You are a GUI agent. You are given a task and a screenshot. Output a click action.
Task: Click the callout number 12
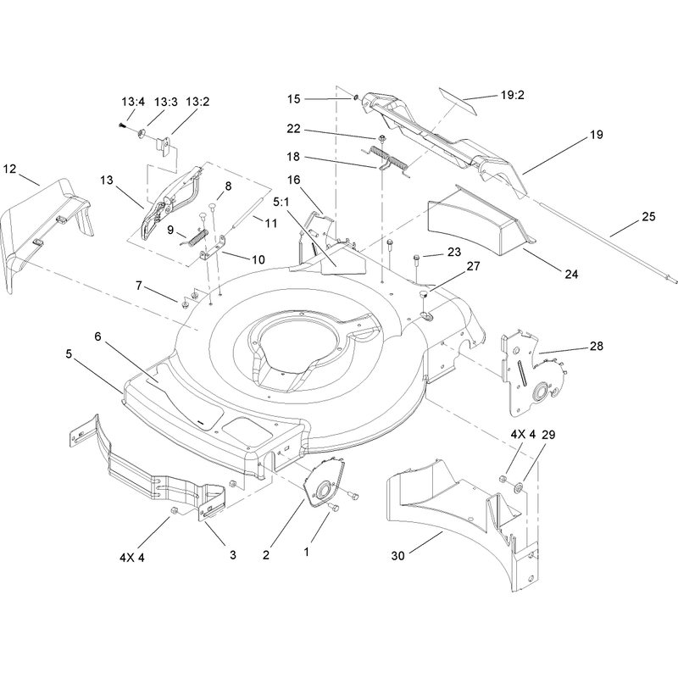[9, 169]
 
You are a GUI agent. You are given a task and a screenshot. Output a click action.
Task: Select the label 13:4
[133, 102]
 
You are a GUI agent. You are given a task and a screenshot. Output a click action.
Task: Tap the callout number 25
[648, 216]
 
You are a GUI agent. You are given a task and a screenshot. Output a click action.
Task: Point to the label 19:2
[513, 95]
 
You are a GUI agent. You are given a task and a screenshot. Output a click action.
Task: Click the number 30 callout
[397, 556]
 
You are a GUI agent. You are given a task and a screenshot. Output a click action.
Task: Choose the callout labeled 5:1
[281, 202]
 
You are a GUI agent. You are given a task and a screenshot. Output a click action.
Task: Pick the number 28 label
[597, 346]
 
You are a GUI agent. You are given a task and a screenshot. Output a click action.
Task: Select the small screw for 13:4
[122, 125]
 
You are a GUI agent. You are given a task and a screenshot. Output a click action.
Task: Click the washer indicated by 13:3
[142, 133]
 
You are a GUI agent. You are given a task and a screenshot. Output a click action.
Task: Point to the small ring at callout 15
[355, 97]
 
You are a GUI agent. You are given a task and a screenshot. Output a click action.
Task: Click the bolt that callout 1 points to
[333, 508]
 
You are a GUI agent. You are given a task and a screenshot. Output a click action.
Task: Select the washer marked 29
[517, 488]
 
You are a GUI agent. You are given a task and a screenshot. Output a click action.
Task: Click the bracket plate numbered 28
[535, 372]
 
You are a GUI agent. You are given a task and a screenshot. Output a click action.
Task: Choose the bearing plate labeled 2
[325, 483]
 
